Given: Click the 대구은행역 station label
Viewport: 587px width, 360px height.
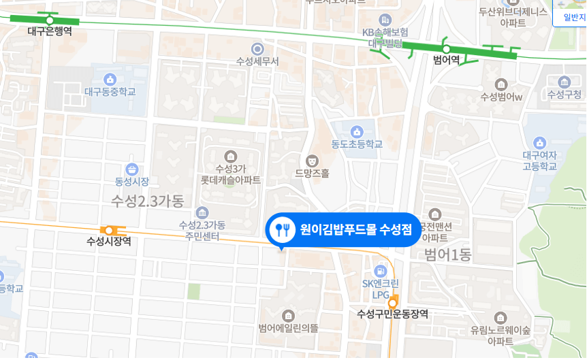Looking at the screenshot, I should pos(49,31).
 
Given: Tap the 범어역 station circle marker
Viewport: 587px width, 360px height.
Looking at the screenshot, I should pos(446,48).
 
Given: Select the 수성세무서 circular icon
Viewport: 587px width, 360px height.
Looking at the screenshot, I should pos(257,48).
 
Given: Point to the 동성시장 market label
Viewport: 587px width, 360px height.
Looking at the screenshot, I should pos(131,182).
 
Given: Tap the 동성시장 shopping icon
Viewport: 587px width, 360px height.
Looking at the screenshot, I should pos(132,168).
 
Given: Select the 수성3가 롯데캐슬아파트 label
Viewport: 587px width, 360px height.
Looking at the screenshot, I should pos(230,174).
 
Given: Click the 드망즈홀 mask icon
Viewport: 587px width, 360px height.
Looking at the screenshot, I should pos(312,161).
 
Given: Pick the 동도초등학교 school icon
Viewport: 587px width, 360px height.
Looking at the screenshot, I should pos(356,131).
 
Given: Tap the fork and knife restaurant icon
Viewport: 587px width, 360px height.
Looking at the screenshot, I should pos(281,229).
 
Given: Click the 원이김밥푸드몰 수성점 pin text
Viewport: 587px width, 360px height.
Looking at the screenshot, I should pos(355,229).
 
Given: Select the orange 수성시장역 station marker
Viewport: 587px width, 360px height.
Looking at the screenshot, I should pos(110,230).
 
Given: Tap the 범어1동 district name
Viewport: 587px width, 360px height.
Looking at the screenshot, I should pos(447,256).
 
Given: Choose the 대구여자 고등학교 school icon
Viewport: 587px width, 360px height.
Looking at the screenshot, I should pos(539,143).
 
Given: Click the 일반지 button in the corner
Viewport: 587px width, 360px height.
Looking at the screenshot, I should pos(570,18).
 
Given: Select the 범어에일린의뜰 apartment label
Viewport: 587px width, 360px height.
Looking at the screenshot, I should pos(288,328).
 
